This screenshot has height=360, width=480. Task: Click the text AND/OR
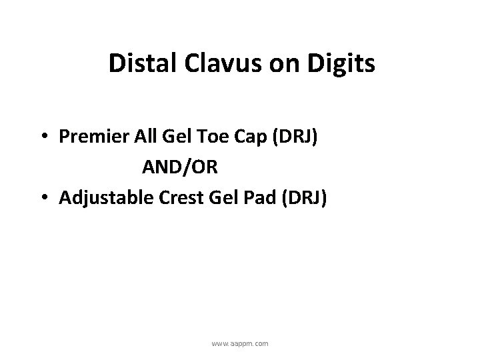click(179, 167)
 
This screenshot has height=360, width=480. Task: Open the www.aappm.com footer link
click(240, 343)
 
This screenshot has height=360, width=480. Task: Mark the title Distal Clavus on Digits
click(241, 65)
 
